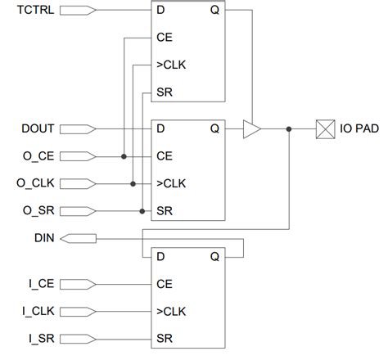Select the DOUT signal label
coord(38,128)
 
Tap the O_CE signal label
coord(38,155)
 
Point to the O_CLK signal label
coord(37,182)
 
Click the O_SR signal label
coord(38,209)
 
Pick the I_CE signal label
coord(41,284)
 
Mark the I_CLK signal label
coord(39,311)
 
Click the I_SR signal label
coord(41,338)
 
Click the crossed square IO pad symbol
coord(326,128)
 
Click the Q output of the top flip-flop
coord(215,11)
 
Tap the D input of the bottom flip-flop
coord(160,256)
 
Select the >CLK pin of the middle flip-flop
coord(169,182)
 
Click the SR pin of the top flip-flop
coord(162,92)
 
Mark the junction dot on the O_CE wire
coord(123,155)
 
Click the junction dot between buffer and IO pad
coord(289,128)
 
